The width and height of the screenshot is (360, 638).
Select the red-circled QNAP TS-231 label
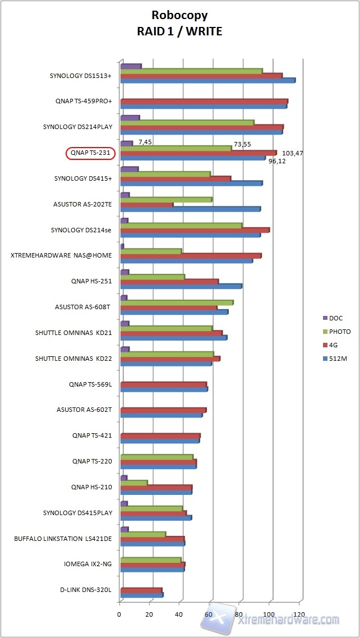coord(90,153)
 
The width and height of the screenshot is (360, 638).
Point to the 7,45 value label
coord(145,142)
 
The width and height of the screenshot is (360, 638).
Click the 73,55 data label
coord(243,144)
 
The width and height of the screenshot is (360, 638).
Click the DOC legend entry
coord(336,318)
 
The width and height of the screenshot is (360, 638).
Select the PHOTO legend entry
coord(339,332)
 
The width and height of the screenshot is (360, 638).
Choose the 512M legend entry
coord(338,359)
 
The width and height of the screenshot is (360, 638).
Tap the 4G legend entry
coord(334,345)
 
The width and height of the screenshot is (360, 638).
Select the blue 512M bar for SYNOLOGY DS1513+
coord(207,81)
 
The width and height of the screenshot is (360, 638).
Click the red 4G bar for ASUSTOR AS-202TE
coord(147,204)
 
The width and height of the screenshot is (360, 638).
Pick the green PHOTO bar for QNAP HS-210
coord(134,483)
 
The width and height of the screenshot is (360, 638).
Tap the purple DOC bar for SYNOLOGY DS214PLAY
coord(130,118)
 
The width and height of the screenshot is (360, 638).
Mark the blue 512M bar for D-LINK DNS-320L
coord(141,595)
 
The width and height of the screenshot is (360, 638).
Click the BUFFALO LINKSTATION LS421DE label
coord(63,539)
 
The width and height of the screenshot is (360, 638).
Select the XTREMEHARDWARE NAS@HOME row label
coord(61,255)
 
